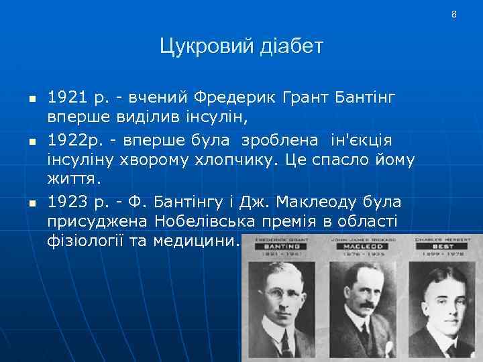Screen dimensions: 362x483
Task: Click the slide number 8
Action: pyautogui.click(x=453, y=14)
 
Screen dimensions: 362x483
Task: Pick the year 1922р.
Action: pyautogui.click(x=72, y=141)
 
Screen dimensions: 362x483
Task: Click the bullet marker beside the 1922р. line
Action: pyautogui.click(x=32, y=142)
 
